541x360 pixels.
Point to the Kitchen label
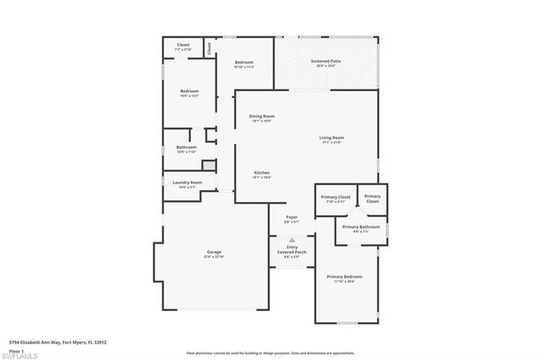click(x=261, y=174)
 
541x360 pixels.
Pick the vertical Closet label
click(x=209, y=48)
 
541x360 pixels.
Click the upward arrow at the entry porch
click(x=292, y=240)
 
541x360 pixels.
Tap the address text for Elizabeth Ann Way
click(x=57, y=342)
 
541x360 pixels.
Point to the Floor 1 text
click(x=18, y=349)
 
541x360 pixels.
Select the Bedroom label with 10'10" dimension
click(x=243, y=63)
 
